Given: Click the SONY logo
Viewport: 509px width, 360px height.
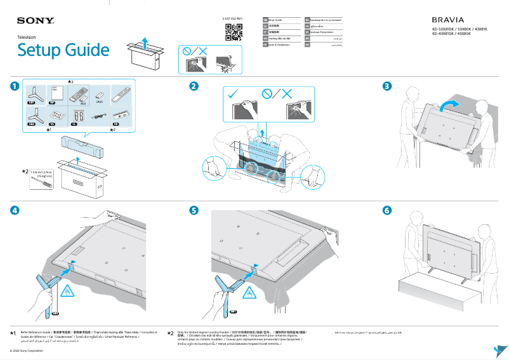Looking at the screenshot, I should pos(36,21).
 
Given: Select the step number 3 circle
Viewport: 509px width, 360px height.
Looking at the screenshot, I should pos(387,86).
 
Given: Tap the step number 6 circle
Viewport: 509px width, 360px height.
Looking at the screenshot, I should pos(387,210).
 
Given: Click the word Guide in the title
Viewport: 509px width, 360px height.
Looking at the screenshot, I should pos(86,50).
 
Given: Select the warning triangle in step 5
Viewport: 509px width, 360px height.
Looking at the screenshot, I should pos(251,293).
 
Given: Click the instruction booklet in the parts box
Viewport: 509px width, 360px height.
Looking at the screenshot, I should pos(53,93).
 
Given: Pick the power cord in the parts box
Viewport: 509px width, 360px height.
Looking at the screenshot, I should pos(97,117).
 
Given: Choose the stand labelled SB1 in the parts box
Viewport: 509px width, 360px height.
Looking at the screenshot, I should pos(32,93).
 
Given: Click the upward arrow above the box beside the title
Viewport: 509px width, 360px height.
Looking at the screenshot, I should pos(145,43).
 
